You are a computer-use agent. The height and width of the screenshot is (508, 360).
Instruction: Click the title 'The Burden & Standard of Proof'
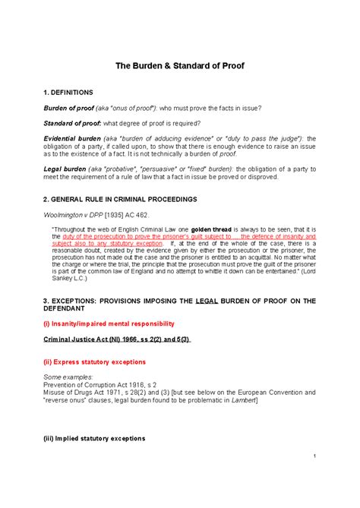[x=180, y=66]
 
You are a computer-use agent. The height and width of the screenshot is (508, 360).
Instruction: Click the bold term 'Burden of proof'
[x=68, y=108]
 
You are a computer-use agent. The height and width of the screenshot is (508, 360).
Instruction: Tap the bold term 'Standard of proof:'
[x=73, y=124]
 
